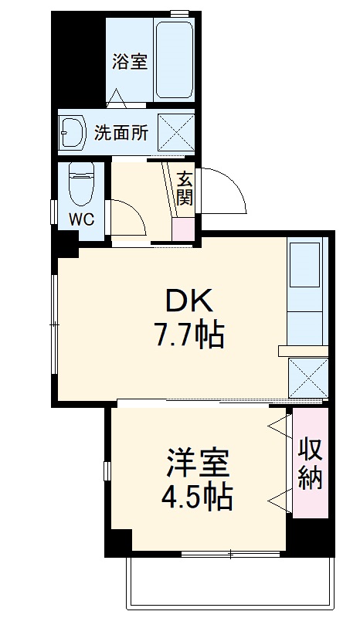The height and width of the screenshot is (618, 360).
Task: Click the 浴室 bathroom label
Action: coord(129,60)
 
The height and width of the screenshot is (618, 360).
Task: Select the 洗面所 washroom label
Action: coord(121,132)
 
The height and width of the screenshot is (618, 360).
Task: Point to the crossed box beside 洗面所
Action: coord(175,131)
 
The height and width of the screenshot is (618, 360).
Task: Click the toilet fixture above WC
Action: coord(80,184)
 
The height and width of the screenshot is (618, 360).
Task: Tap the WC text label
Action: coord(82,219)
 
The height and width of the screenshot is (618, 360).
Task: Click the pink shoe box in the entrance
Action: coord(183,229)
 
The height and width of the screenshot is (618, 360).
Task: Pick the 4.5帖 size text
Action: coord(197,497)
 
